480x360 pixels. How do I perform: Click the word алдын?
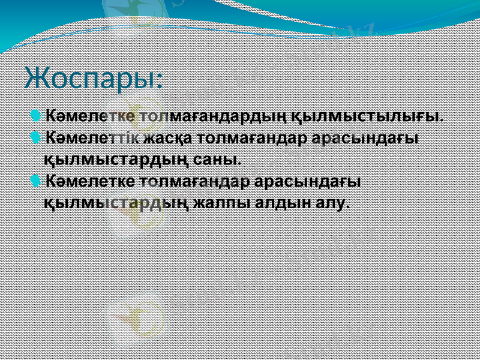[282, 202]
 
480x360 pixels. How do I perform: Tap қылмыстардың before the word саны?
[118, 160]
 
